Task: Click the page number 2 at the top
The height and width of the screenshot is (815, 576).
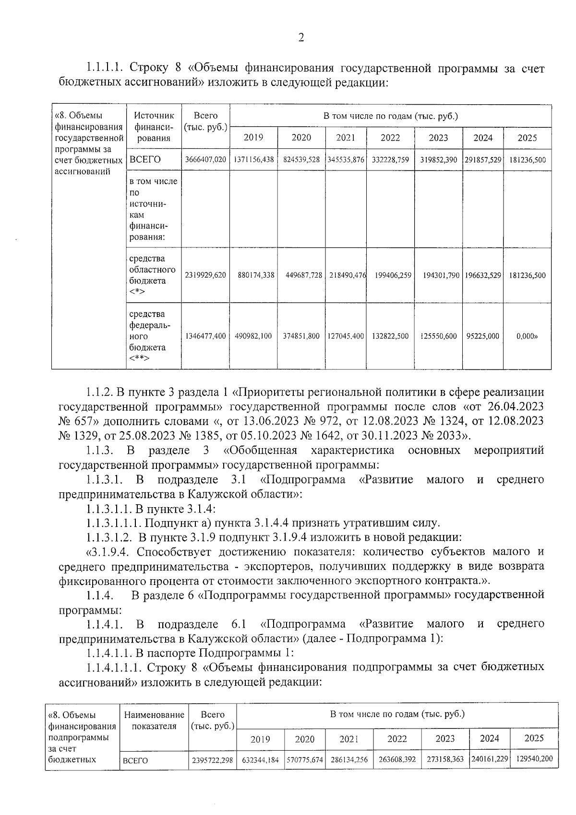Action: pyautogui.click(x=301, y=38)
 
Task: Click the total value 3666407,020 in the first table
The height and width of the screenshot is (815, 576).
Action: pyautogui.click(x=205, y=160)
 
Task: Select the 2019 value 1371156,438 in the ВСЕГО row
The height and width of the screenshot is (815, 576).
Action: pyautogui.click(x=254, y=160)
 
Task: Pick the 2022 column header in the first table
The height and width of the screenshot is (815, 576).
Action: pyautogui.click(x=390, y=138)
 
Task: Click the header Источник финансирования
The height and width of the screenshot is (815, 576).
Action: pyautogui.click(x=153, y=127)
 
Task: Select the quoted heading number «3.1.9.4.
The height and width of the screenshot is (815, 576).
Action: pyautogui.click(x=105, y=551)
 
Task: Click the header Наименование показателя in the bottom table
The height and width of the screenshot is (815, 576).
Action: pyautogui.click(x=154, y=720)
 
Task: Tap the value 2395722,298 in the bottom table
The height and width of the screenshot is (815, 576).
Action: pyautogui.click(x=212, y=761)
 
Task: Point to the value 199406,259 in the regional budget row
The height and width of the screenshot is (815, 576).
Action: pyautogui.click(x=390, y=276)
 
